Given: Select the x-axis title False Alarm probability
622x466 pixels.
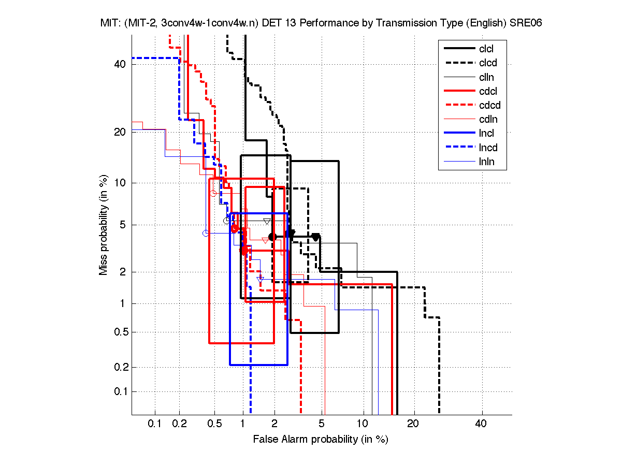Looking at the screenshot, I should tap(321, 440).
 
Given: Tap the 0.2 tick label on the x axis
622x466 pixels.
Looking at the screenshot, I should tap(179, 424).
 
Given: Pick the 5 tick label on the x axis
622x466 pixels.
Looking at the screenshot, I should tap(322, 424).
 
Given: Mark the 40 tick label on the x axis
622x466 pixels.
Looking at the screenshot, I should tap(481, 424).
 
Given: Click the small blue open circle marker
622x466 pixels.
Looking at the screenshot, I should tap(206, 233).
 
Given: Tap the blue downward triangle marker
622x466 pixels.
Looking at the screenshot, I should tap(261, 279).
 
